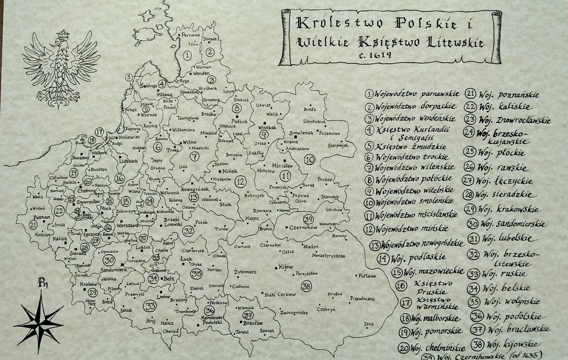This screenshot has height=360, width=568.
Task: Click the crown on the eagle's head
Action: click(x=63, y=34)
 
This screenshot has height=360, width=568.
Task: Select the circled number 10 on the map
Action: click(x=310, y=160)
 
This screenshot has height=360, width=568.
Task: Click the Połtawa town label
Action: click(x=367, y=276)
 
